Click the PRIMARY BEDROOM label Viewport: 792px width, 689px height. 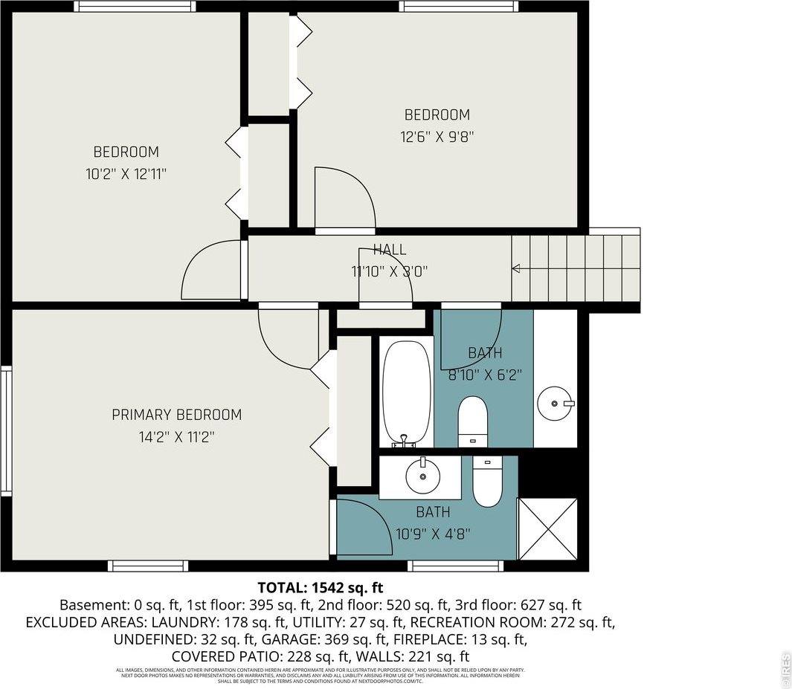coord(176,415)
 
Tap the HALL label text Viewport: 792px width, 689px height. coord(390,250)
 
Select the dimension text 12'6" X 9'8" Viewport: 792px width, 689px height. coord(437,137)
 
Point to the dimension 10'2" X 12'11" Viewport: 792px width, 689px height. coord(126,174)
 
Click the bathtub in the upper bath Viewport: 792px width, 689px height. coord(407,392)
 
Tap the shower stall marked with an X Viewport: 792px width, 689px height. coord(547,528)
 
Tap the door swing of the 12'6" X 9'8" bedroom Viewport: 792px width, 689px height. coord(343,198)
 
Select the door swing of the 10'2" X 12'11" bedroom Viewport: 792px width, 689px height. coord(211,271)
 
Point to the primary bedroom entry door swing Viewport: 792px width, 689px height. coord(286,338)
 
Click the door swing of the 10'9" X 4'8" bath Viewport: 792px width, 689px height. coord(364,527)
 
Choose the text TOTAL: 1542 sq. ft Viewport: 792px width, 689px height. coord(321,587)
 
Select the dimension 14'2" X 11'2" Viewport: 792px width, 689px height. coord(176,437)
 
